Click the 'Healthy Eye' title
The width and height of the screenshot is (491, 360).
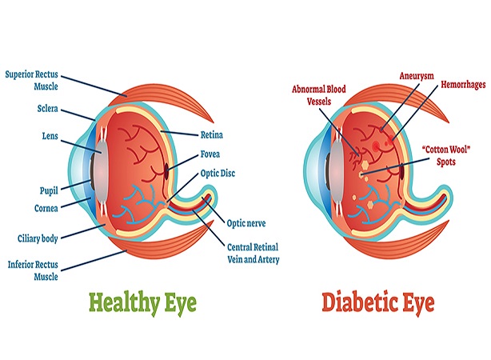click(x=142, y=302)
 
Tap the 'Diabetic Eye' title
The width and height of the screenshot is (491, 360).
click(x=378, y=302)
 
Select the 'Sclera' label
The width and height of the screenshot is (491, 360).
click(x=48, y=109)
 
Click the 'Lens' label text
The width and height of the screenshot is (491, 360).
click(x=50, y=136)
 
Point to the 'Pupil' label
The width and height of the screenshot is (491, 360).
click(x=49, y=190)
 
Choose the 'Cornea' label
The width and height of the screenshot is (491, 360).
click(x=46, y=208)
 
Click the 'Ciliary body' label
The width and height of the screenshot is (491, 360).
click(x=38, y=238)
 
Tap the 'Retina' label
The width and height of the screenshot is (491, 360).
click(x=212, y=134)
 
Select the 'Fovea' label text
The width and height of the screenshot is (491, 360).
click(x=210, y=154)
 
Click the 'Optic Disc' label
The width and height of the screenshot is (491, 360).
click(x=218, y=174)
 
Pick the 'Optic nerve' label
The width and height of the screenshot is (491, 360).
click(x=246, y=223)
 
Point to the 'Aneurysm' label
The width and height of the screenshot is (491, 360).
click(x=417, y=76)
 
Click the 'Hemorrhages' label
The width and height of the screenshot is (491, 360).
click(x=463, y=85)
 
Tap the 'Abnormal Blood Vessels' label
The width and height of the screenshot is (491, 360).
click(x=319, y=95)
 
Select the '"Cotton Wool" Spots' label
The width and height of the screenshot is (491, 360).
click(x=446, y=155)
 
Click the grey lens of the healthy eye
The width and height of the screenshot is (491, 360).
click(x=101, y=173)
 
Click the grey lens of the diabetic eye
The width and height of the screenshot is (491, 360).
click(x=337, y=172)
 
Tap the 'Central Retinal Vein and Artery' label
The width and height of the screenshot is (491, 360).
click(x=253, y=253)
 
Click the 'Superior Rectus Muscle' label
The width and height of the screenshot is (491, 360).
click(x=32, y=80)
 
